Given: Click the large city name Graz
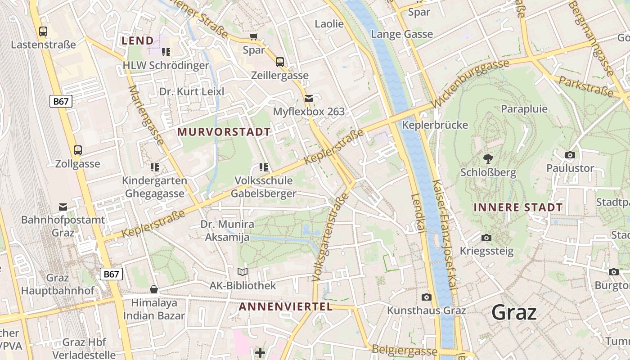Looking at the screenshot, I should pyautogui.click(x=514, y=312).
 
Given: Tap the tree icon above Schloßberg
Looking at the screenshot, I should pyautogui.click(x=488, y=158).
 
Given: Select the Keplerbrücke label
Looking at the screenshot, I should pyautogui.click(x=435, y=125).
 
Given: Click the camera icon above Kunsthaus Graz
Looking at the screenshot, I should pyautogui.click(x=426, y=297).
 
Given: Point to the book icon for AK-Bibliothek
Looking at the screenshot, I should pyautogui.click(x=243, y=272).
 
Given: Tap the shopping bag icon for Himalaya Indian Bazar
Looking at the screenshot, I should pyautogui.click(x=154, y=289).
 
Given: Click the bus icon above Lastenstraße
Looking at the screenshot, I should pyautogui.click(x=43, y=31).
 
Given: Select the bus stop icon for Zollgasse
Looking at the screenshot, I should pyautogui.click(x=78, y=150).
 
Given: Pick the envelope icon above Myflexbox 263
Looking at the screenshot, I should pyautogui.click(x=309, y=98).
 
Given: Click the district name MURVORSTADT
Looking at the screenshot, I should pyautogui.click(x=224, y=132).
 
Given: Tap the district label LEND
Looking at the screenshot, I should pyautogui.click(x=138, y=40).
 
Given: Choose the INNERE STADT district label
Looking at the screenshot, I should pyautogui.click(x=518, y=207).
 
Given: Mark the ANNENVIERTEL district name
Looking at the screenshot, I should pyautogui.click(x=286, y=307).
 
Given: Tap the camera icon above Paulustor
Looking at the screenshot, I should pyautogui.click(x=570, y=155).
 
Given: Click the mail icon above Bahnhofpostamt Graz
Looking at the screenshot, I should pyautogui.click(x=63, y=207).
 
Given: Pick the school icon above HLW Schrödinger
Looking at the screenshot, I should pyautogui.click(x=166, y=52).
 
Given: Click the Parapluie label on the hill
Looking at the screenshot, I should pyautogui.click(x=524, y=109).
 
